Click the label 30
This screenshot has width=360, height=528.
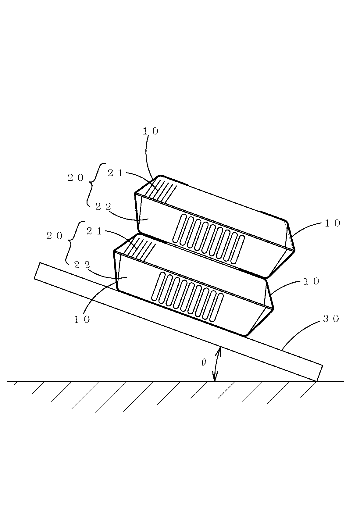click(x=331, y=319)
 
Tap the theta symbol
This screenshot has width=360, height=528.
click(x=204, y=362)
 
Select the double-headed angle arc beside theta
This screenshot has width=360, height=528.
click(x=217, y=364)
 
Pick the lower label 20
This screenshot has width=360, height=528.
click(x=54, y=236)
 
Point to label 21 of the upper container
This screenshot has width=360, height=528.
click(x=115, y=173)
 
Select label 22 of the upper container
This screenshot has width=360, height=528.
click(x=103, y=207)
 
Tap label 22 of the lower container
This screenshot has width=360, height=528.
click(x=82, y=265)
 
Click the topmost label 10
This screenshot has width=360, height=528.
click(x=151, y=131)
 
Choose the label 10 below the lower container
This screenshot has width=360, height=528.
click(x=82, y=319)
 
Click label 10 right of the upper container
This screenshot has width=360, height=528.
click(x=332, y=223)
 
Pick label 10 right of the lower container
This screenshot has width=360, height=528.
click(x=311, y=281)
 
